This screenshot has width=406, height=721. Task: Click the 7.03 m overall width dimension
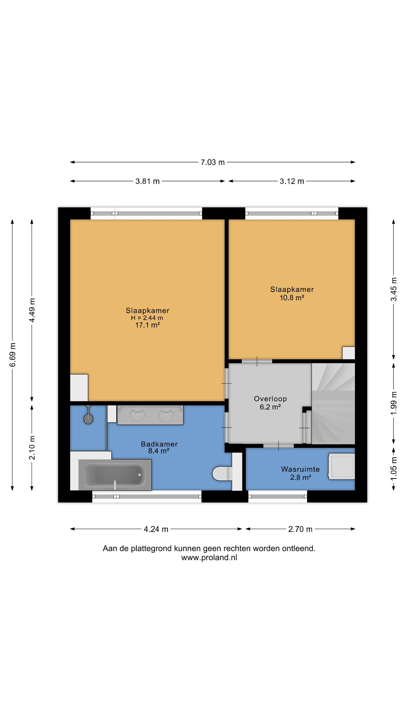coord(212,162)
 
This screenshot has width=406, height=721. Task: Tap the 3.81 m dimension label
coord(147,181)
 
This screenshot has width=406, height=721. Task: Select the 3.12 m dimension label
coord(292,181)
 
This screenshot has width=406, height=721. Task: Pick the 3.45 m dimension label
coord(394,289)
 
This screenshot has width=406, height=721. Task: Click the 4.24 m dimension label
coord(156,529)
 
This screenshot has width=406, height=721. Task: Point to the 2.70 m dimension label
coord(300,529)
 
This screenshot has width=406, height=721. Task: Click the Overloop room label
coord(270,399)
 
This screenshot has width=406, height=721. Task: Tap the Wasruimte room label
coord(300,469)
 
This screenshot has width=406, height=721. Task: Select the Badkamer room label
coord(159,444)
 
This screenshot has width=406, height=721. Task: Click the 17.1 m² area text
coord(147,325)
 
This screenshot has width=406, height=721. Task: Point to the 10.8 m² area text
coord(292,298)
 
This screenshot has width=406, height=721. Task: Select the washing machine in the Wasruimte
coord(341,466)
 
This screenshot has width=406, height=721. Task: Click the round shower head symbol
coord(88,419)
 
